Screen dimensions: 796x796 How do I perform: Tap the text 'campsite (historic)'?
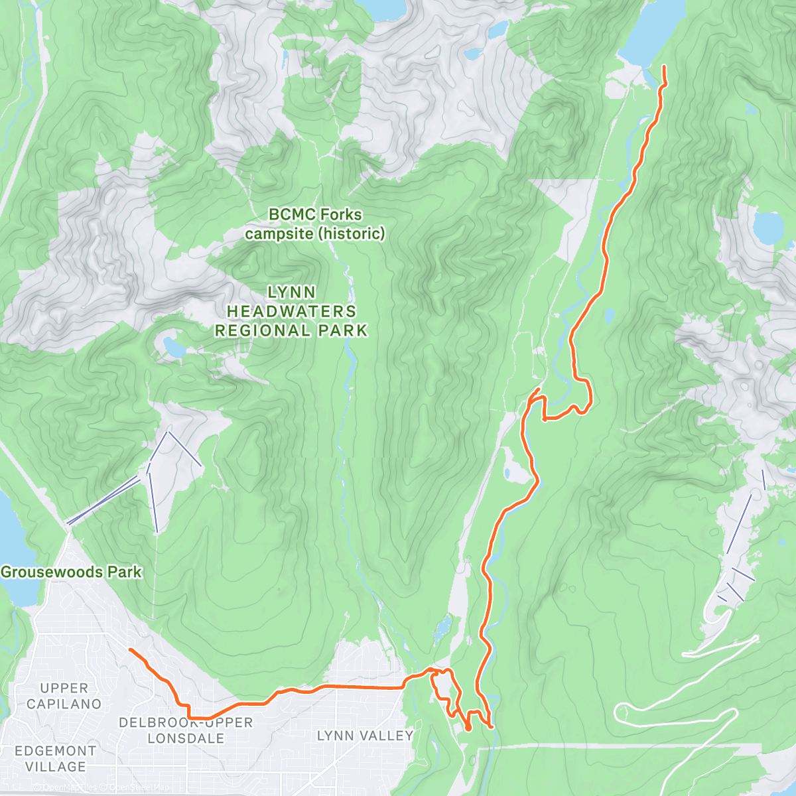314,233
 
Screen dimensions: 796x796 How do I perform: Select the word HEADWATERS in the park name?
291,311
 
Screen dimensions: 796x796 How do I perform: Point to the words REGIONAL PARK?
291,330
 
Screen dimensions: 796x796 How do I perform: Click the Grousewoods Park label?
71,572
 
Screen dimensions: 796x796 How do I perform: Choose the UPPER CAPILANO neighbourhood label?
64,696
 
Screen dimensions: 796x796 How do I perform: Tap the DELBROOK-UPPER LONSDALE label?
186,730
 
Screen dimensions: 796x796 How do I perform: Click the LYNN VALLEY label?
365,736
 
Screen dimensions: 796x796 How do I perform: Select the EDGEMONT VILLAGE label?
55,758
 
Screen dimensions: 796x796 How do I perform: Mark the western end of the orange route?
130,649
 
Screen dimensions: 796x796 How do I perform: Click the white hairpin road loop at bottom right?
624,712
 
